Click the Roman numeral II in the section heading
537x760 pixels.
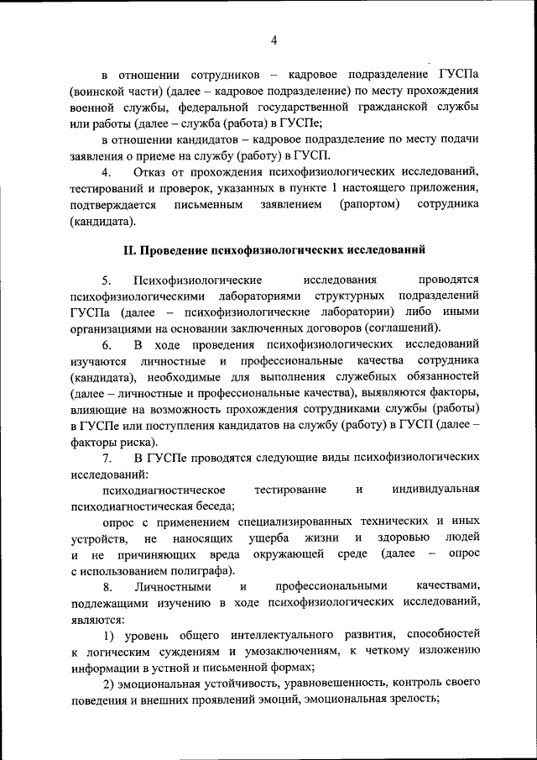pos(129,249)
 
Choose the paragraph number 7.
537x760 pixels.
pos(107,457)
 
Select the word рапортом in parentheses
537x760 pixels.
pos(370,204)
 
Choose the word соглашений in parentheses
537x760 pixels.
pos(398,328)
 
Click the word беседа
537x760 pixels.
pos(213,506)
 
